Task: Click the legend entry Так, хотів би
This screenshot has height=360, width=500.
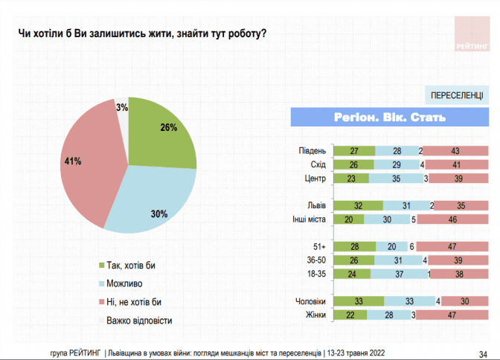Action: pos(130,266)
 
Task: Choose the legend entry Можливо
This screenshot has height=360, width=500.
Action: pos(124,283)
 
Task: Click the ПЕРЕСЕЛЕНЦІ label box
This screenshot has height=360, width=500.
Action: pos(455,96)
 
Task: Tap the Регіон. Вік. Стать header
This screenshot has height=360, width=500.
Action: pos(388,117)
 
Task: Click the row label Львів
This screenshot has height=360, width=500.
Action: pos(315,206)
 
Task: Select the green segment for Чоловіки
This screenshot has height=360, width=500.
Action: pos(359,301)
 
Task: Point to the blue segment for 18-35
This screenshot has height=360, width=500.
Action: pos(398,273)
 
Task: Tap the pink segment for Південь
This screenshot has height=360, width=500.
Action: pos(455,151)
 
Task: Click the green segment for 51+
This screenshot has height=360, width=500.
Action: pos(354,246)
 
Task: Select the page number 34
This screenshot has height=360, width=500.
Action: pos(482,353)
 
